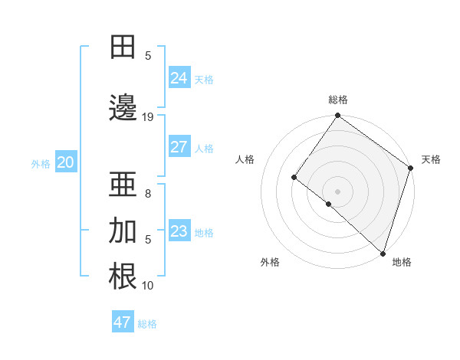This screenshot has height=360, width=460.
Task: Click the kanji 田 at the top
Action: pyautogui.click(x=123, y=47)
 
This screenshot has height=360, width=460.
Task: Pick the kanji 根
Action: pyautogui.click(x=123, y=277)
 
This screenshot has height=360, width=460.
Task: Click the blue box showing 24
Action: pyautogui.click(x=179, y=77)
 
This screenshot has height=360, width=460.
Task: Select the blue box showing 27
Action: pyautogui.click(x=179, y=147)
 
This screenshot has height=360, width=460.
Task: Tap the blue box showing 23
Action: pyautogui.click(x=179, y=231)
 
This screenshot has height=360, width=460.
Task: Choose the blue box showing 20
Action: pyautogui.click(x=66, y=162)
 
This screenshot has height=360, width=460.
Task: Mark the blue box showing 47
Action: pyautogui.click(x=123, y=322)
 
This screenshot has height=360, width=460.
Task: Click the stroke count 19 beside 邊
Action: pyautogui.click(x=148, y=117)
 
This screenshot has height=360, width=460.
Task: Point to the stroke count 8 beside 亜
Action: pyautogui.click(x=148, y=194)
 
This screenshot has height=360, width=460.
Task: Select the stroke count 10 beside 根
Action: pyautogui.click(x=148, y=286)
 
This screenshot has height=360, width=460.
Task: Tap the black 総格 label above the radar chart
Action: pyautogui.click(x=338, y=100)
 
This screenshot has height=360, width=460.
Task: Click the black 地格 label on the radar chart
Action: pyautogui.click(x=402, y=263)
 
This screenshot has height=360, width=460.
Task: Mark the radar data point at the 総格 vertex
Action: pyautogui.click(x=338, y=116)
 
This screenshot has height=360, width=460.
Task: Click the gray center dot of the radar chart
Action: pyautogui.click(x=337, y=191)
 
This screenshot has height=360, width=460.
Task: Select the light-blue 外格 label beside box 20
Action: pyautogui.click(x=41, y=163)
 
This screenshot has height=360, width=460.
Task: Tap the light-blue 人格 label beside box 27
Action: pyautogui.click(x=204, y=148)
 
